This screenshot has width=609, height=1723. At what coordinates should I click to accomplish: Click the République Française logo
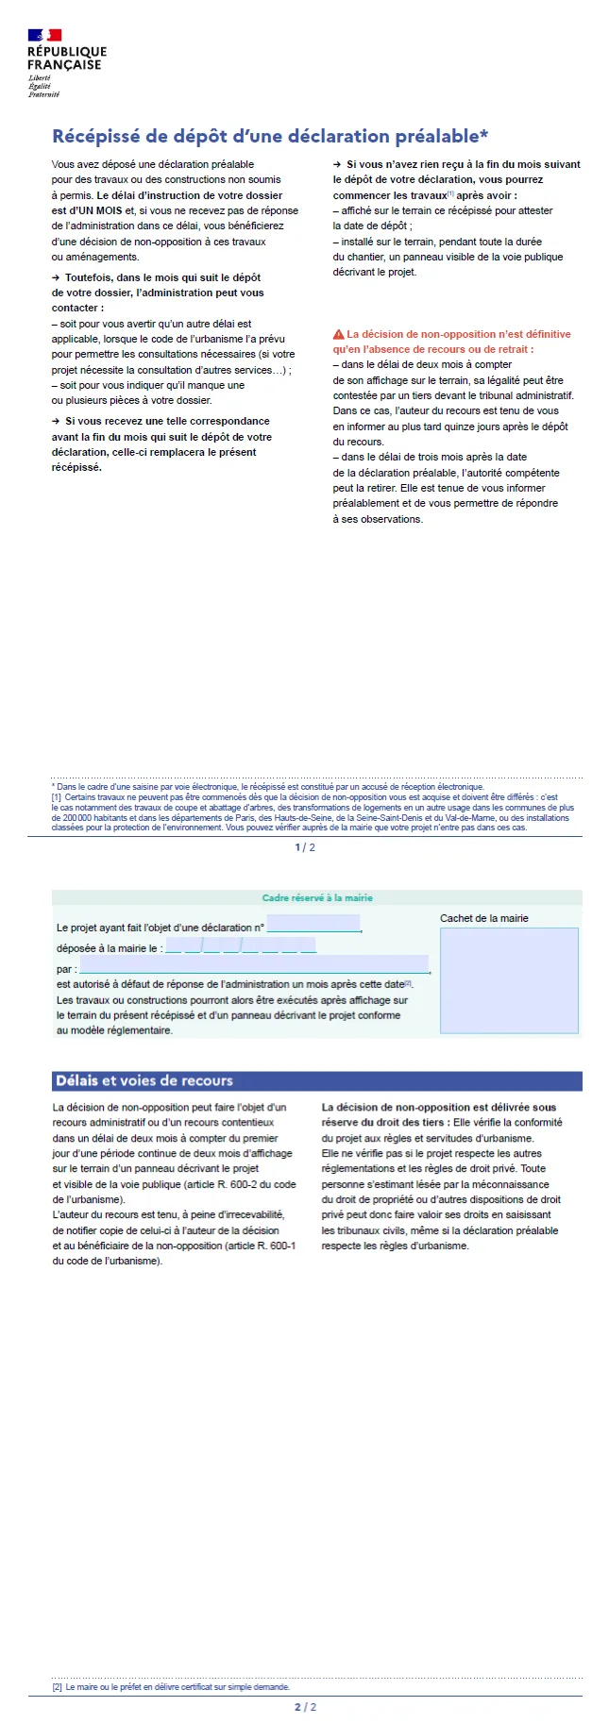[63, 62]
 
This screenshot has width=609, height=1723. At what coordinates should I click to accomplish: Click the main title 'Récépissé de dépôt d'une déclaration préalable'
[270, 136]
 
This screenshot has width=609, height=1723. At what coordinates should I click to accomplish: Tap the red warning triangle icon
[338, 334]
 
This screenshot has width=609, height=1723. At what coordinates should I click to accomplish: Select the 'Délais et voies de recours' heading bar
[316, 1080]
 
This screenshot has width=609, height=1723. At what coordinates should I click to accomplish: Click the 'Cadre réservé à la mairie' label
[317, 898]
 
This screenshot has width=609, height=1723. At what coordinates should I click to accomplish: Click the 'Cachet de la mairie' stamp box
[509, 979]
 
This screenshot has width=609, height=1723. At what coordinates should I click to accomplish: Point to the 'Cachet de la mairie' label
[483, 918]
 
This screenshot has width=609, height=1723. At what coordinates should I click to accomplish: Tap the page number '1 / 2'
[305, 847]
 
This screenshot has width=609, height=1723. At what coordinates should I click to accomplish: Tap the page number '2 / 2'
[305, 1707]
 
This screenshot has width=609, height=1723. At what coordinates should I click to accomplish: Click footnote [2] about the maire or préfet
[171, 1687]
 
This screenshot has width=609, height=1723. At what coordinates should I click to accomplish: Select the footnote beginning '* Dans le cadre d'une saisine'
[268, 786]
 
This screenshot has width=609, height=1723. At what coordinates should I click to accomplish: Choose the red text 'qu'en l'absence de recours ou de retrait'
[432, 349]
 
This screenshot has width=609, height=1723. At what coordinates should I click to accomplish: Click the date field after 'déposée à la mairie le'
[240, 946]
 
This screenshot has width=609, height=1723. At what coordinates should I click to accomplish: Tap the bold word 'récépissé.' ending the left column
[76, 467]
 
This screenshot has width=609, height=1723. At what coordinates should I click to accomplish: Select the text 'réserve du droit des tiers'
[384, 1123]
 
